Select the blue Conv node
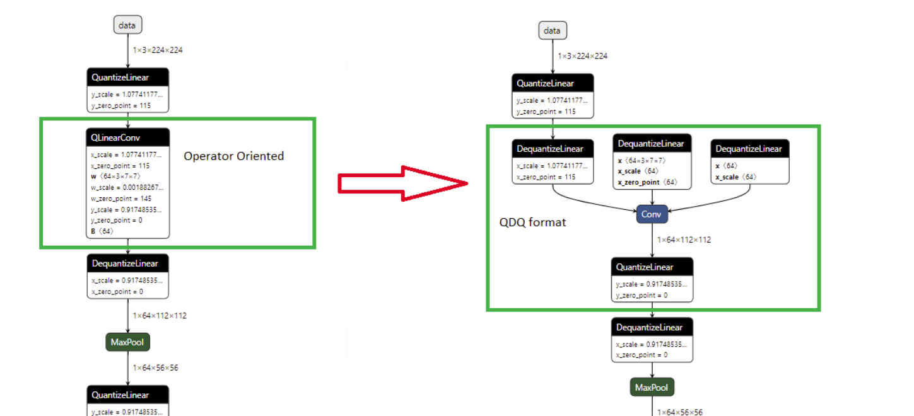651,214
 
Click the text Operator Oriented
233,156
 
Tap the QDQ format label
532,222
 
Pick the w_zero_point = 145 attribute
121,198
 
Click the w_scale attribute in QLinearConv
127,187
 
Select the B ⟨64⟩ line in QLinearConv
102,231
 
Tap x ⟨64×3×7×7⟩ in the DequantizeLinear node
642,160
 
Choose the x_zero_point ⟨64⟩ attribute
647,182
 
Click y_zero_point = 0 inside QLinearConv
117,220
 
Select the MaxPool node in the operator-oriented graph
128,342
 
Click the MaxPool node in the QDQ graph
652,387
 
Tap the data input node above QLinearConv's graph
128,25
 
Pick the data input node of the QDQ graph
552,30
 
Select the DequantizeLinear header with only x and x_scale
750,149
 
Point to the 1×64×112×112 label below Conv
684,240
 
